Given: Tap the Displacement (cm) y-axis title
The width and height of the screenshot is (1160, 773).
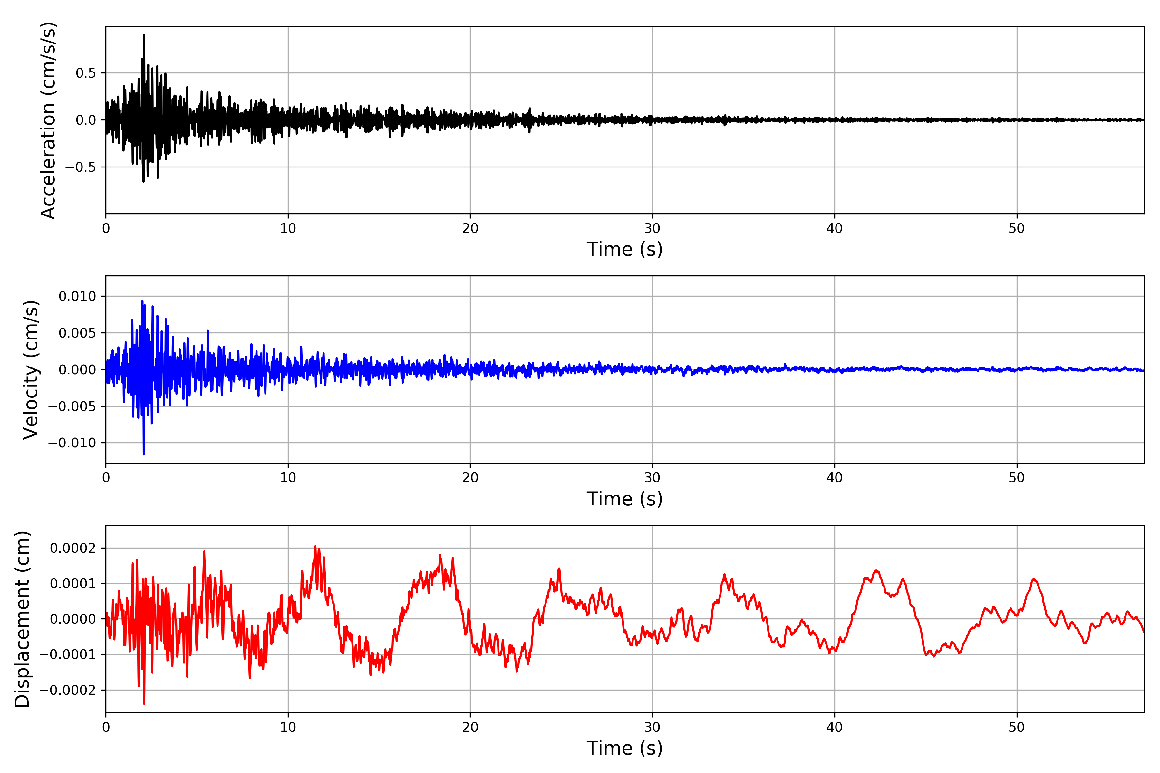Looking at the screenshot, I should coord(22,619).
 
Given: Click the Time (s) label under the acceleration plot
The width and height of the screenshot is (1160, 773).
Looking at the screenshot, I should coord(624,249).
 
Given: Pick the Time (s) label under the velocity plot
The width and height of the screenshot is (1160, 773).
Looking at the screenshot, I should coord(624,499).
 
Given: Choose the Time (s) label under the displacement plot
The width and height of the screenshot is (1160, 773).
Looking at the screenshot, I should coord(624,748).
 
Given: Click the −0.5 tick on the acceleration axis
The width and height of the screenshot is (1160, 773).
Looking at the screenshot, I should coord(80,167).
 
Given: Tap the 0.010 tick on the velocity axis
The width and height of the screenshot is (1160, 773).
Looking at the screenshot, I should coord(77,296).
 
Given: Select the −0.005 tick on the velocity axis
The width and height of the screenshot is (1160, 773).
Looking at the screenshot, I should coord(72,406).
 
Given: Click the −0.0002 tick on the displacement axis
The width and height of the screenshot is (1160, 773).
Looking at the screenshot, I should coord(68,690).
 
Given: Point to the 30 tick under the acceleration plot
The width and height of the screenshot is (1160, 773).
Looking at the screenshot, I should coord(652,228).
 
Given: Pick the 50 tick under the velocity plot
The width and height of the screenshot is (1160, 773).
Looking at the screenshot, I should coord(1017,478).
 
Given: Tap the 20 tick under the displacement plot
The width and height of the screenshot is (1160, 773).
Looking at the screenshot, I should coord(470,727).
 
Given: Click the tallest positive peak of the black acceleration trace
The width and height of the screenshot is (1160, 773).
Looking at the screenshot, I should coord(144,35).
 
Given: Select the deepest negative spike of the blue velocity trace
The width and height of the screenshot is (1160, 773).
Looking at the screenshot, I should coord(143,454).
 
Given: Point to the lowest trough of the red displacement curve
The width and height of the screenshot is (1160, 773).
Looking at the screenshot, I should coord(144,703).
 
